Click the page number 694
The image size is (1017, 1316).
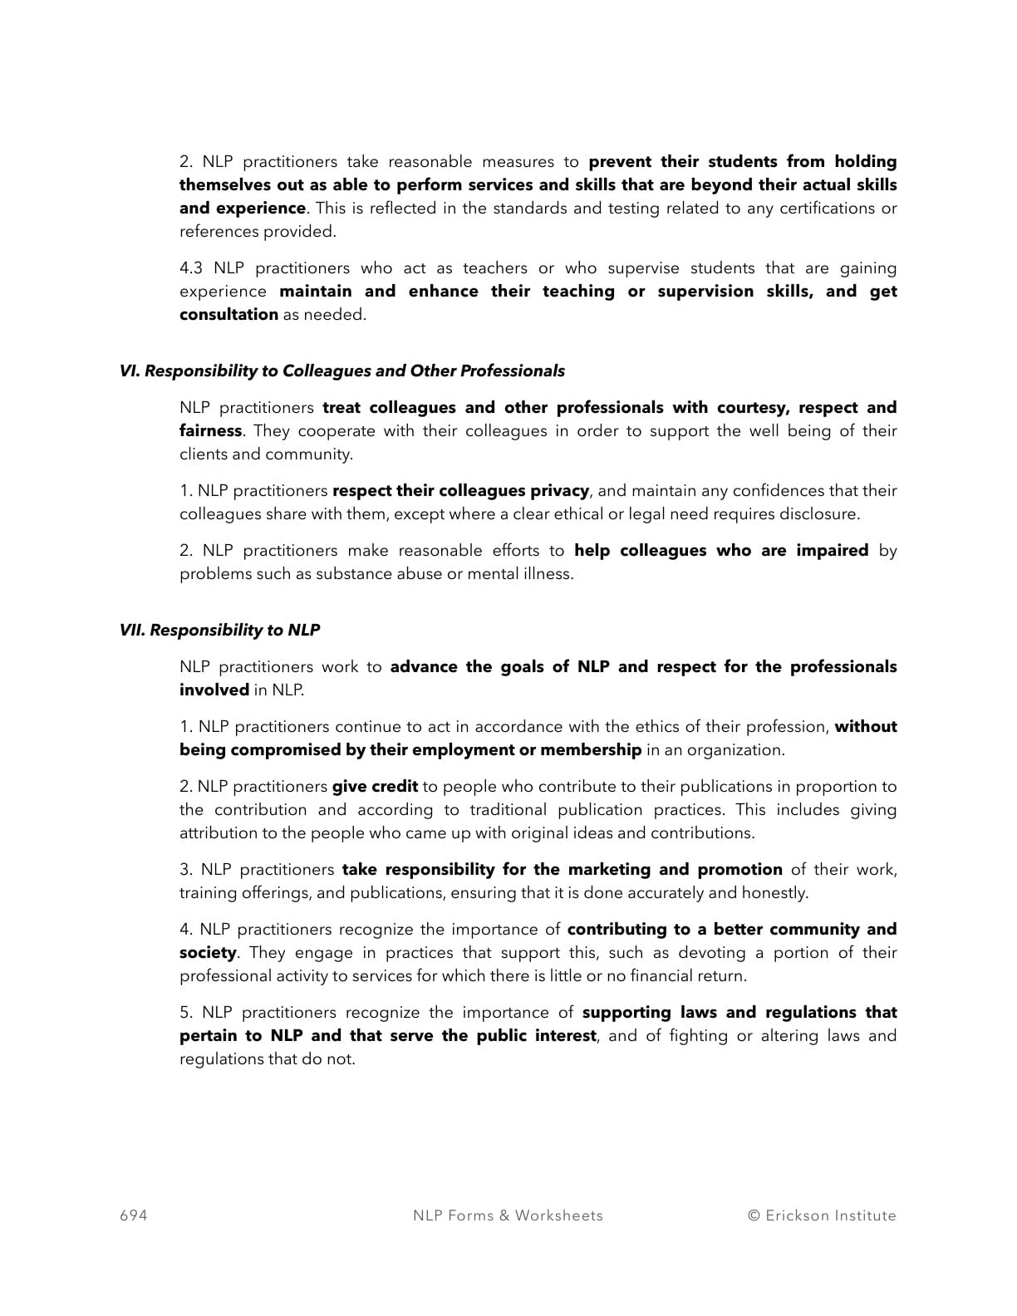coord(134,1215)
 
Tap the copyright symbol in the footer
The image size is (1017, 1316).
coord(754,1215)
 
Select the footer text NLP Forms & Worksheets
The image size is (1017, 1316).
coord(508,1215)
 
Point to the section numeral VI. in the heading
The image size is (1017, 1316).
coord(130,371)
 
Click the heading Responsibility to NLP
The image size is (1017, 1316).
coord(235,631)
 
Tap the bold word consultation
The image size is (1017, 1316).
coord(228,315)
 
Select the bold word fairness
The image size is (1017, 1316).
coord(210,431)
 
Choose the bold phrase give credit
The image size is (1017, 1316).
coord(375,787)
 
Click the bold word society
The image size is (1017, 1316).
coord(208,953)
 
